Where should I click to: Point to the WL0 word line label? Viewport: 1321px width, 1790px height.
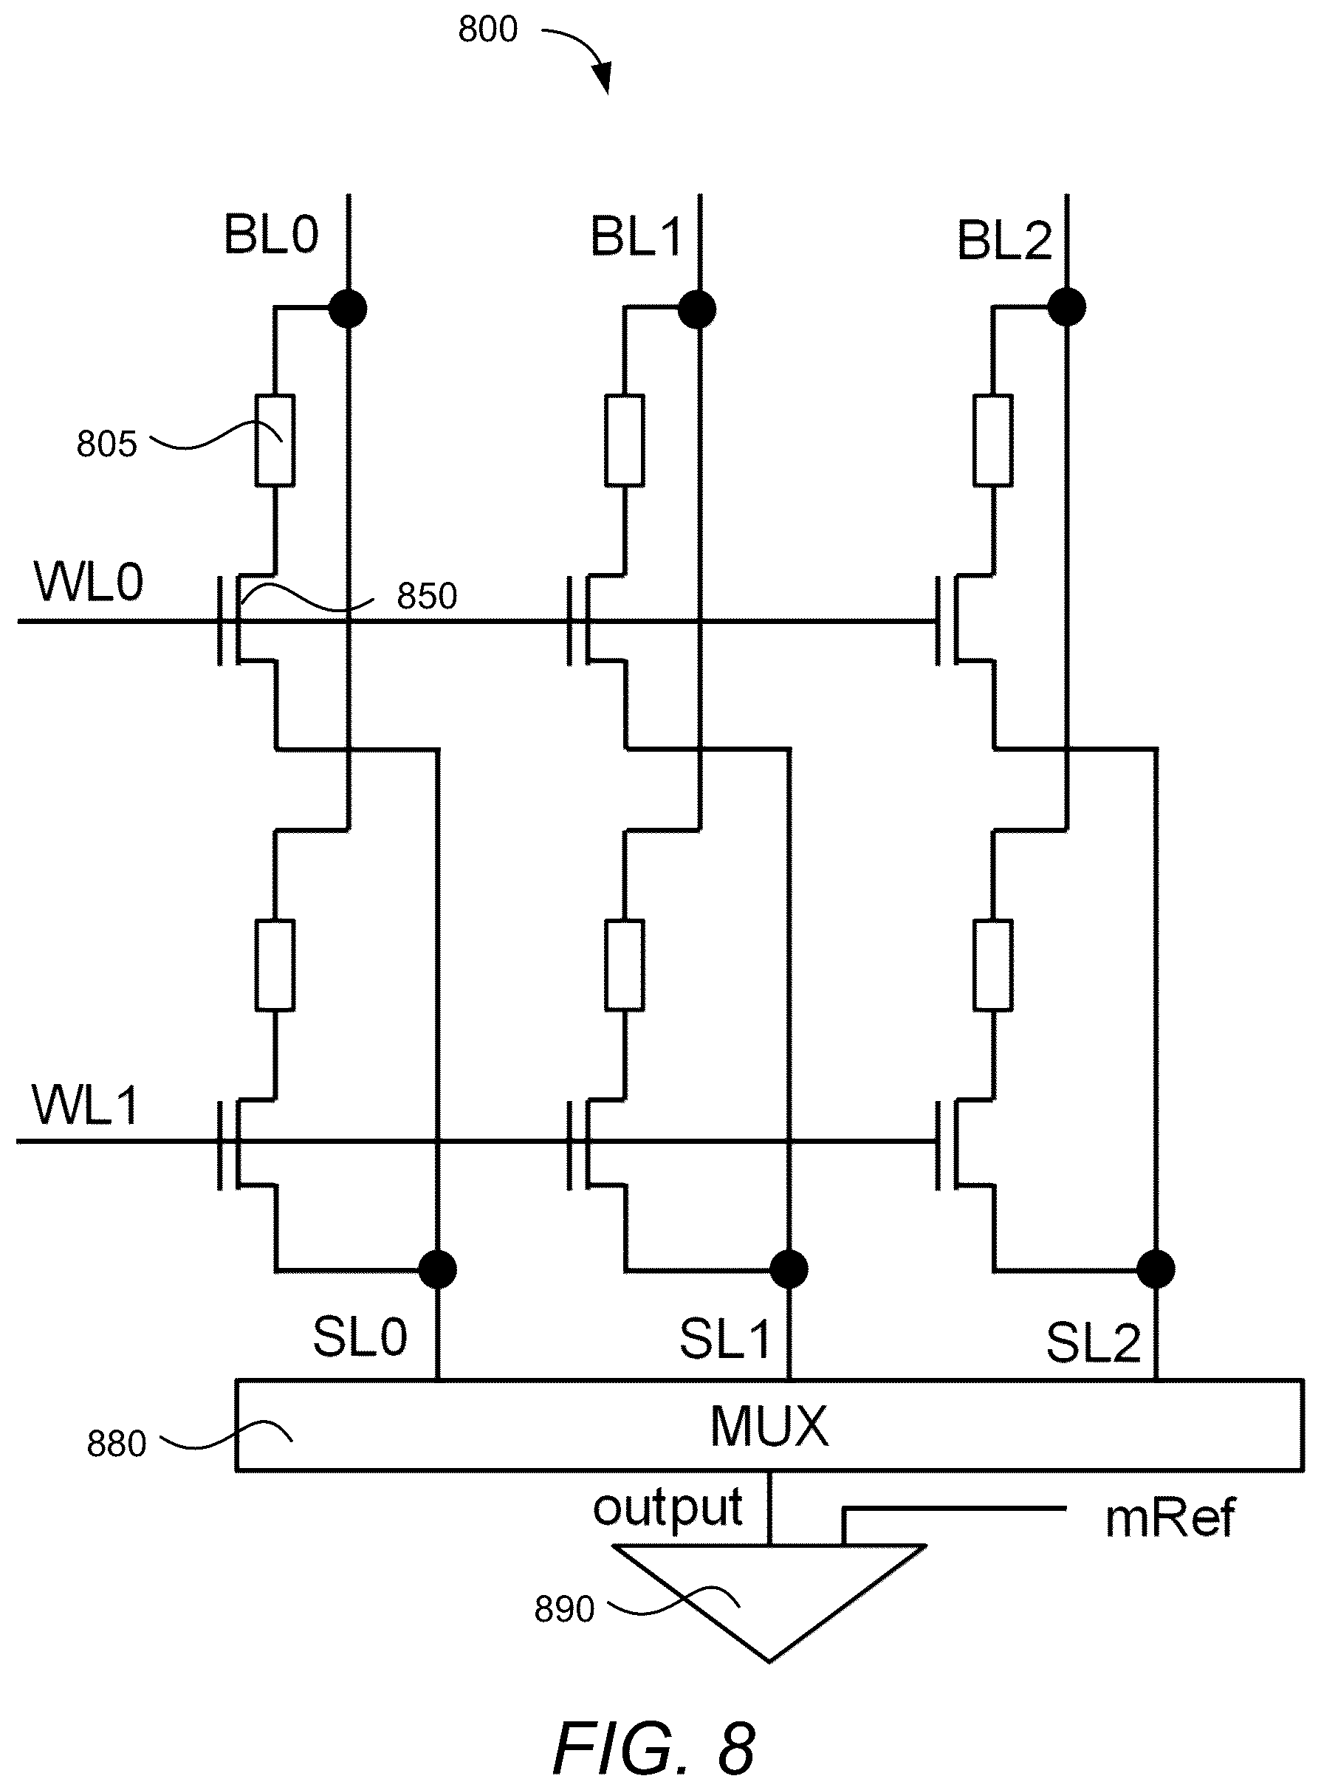click(x=88, y=582)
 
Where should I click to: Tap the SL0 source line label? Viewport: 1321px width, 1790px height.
click(x=360, y=1337)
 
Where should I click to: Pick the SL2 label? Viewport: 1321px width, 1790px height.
click(x=1093, y=1342)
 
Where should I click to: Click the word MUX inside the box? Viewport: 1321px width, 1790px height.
click(x=769, y=1426)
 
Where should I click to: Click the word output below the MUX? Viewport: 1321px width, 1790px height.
click(x=668, y=1510)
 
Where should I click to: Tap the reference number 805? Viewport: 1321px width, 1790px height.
click(x=106, y=444)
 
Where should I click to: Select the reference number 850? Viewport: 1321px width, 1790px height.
click(x=427, y=597)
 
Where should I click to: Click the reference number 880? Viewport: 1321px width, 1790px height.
click(x=117, y=1444)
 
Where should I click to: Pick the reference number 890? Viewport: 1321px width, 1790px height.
click(x=565, y=1608)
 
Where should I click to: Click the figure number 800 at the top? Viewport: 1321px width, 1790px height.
click(x=488, y=30)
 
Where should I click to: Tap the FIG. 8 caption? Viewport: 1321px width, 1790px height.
click(x=654, y=1748)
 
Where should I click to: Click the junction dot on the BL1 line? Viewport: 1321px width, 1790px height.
click(x=697, y=309)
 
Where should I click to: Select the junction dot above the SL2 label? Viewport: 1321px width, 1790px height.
click(x=1156, y=1269)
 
